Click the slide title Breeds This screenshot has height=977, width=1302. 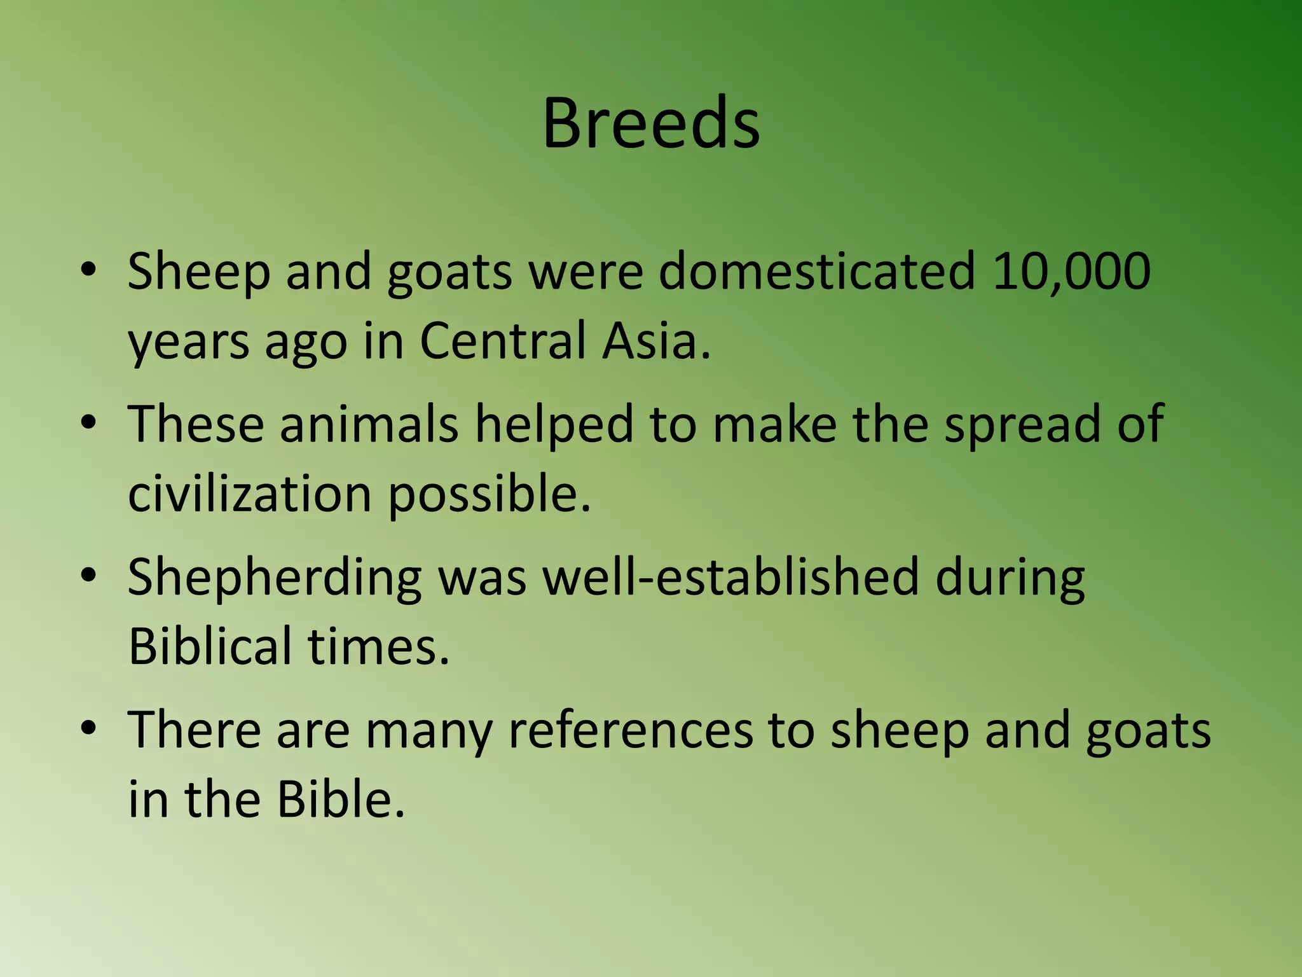click(x=651, y=122)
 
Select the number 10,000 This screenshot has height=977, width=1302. click(x=1071, y=272)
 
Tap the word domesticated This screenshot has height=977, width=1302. click(x=816, y=272)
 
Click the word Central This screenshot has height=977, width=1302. click(x=502, y=341)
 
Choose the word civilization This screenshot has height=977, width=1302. click(x=249, y=494)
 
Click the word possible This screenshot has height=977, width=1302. click(x=490, y=494)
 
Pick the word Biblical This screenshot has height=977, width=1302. click(x=210, y=646)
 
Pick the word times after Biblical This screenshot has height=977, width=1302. click(x=379, y=646)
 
